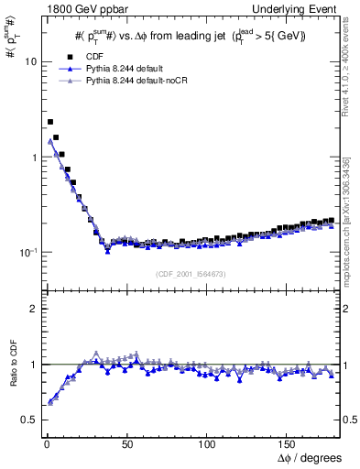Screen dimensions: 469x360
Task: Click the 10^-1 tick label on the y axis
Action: pos(27,252)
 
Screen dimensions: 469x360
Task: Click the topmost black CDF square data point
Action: pos(50,121)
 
